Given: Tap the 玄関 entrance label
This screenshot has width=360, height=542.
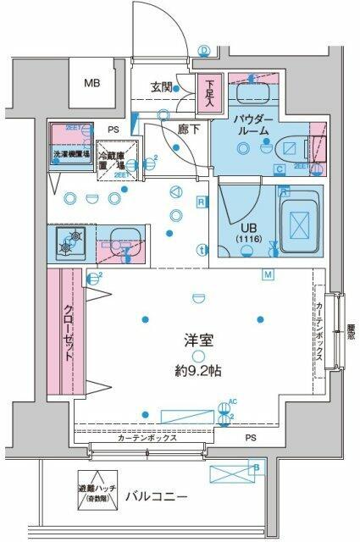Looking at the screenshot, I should (163, 86).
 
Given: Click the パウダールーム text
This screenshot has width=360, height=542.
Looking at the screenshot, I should (252, 125).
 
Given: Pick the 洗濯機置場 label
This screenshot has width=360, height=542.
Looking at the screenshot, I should (70, 155).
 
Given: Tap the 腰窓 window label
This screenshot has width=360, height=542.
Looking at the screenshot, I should (351, 329).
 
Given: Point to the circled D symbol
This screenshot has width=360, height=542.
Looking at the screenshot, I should (204, 50).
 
